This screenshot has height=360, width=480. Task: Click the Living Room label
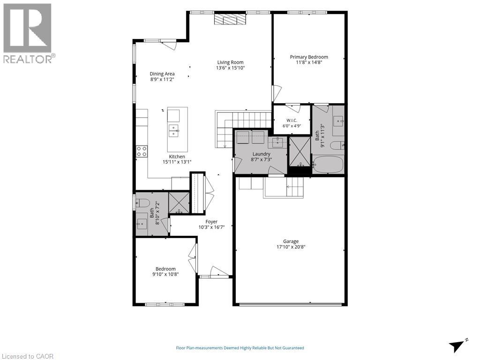click(x=230, y=62)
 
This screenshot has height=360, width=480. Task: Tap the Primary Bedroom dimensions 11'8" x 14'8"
click(x=309, y=62)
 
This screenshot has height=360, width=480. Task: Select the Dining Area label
click(x=162, y=74)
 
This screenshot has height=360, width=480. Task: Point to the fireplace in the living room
click(x=230, y=20)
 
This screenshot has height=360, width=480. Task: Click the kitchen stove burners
click(x=142, y=151)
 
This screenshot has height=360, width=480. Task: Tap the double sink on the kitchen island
click(x=174, y=130)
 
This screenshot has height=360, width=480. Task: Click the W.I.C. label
click(x=292, y=120)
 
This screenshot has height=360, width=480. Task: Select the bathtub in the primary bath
click(x=328, y=165)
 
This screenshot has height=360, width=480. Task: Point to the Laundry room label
click(x=262, y=154)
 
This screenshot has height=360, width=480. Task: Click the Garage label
click(x=291, y=241)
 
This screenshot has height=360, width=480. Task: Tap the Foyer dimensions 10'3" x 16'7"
click(x=211, y=227)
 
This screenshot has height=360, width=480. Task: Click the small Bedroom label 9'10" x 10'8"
click(x=165, y=271)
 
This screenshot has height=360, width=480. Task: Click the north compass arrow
click(x=457, y=346)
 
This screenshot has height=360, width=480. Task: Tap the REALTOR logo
click(x=28, y=33)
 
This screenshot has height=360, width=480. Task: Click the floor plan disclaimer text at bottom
click(x=240, y=348)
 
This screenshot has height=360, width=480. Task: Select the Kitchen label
click(x=177, y=157)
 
